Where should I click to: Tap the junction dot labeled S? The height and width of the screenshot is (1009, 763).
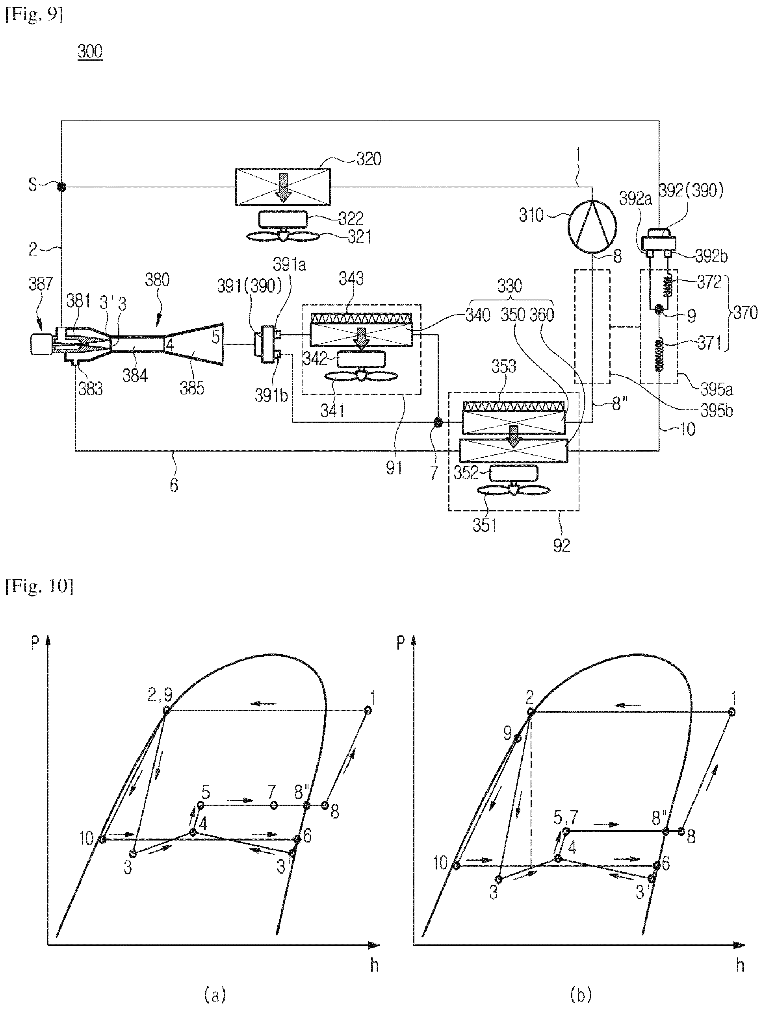point(61,187)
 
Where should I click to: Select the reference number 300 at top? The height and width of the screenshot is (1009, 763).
point(90,52)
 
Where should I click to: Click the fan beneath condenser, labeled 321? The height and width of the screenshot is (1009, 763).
point(283,236)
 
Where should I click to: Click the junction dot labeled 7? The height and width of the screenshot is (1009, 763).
point(438,422)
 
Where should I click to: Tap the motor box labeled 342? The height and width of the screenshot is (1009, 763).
point(361,359)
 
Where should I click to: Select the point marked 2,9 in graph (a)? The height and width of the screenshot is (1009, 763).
point(166,710)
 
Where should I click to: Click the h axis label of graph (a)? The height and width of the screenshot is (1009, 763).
point(374,965)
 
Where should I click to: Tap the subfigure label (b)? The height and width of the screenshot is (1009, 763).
point(581,994)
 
